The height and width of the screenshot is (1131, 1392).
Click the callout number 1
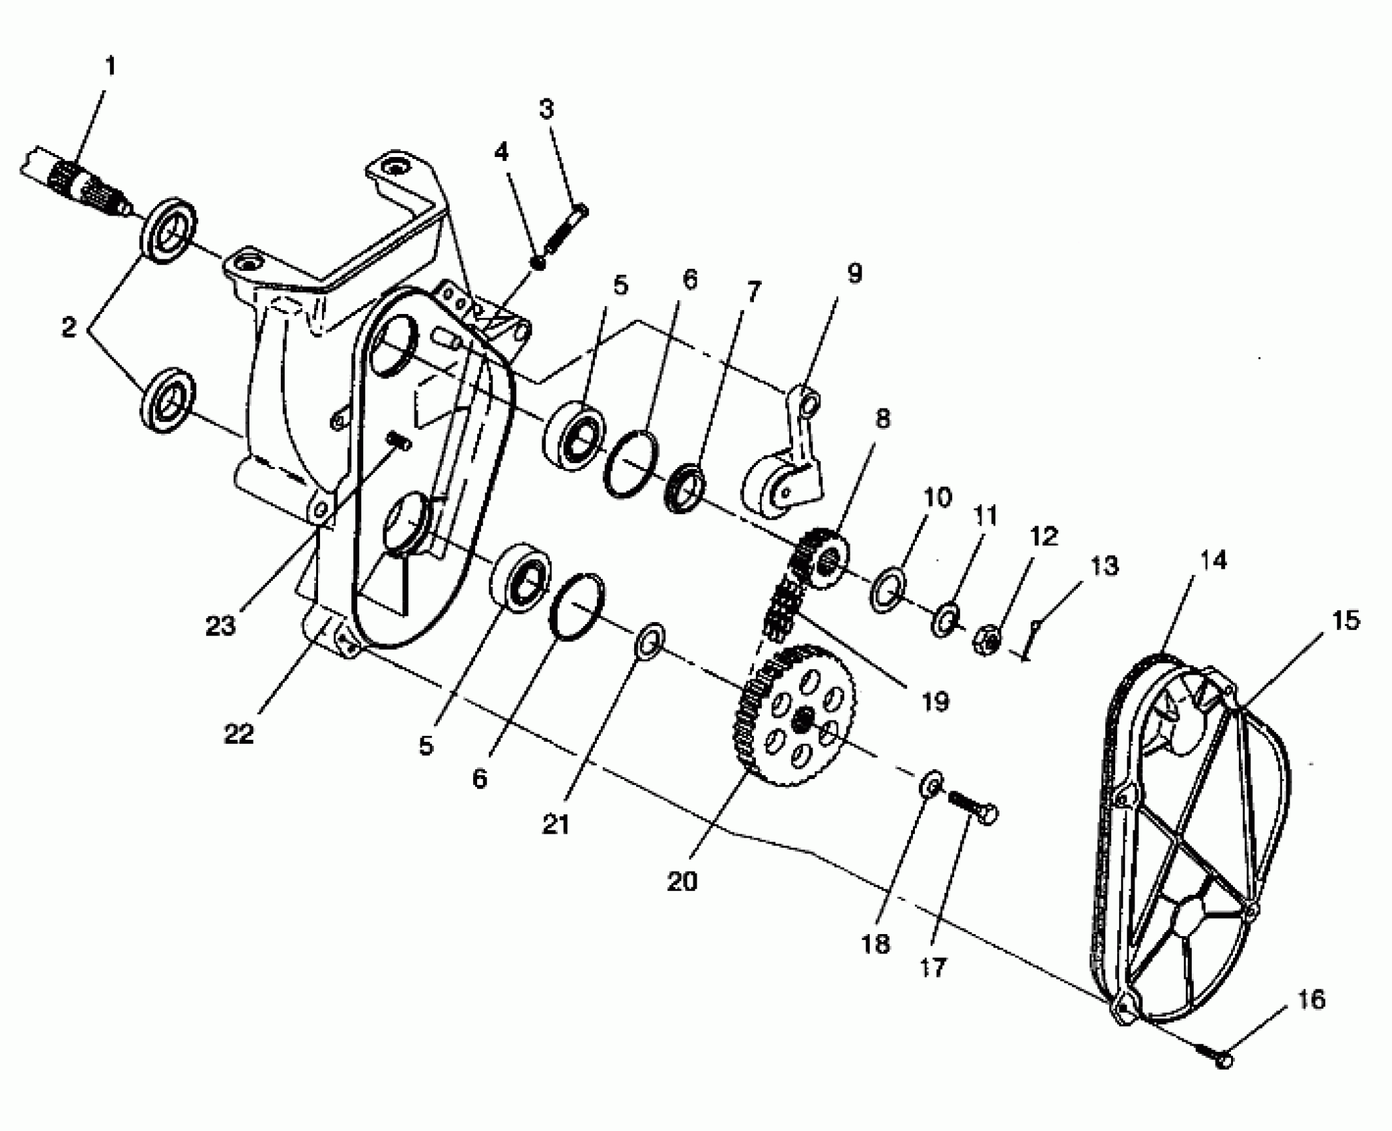click(110, 67)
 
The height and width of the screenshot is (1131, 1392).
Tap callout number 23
click(222, 626)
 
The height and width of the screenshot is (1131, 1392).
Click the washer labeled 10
click(888, 588)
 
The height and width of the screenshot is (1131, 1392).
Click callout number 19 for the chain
click(934, 701)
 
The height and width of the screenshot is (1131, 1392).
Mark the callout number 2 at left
click(69, 327)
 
